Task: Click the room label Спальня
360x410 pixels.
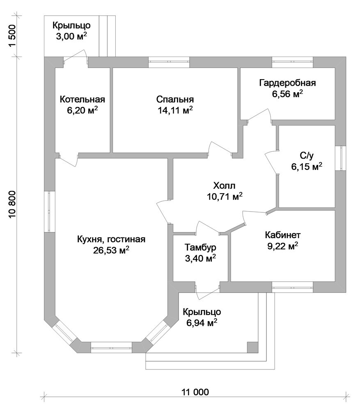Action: click(175, 99)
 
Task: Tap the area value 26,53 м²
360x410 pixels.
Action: click(111, 250)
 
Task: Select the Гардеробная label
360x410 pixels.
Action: click(287, 83)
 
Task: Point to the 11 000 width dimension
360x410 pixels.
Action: click(195, 392)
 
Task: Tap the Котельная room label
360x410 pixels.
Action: click(82, 99)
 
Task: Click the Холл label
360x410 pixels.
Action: click(225, 186)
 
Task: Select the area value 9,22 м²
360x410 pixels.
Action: click(283, 246)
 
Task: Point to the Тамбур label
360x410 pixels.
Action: click(200, 247)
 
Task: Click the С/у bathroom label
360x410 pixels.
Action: click(307, 155)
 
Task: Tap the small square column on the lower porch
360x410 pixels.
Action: click(252, 347)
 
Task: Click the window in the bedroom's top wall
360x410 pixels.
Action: click(169, 62)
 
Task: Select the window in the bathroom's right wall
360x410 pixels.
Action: click(340, 158)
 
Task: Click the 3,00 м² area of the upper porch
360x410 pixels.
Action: click(71, 36)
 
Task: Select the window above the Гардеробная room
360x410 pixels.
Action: click(292, 62)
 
